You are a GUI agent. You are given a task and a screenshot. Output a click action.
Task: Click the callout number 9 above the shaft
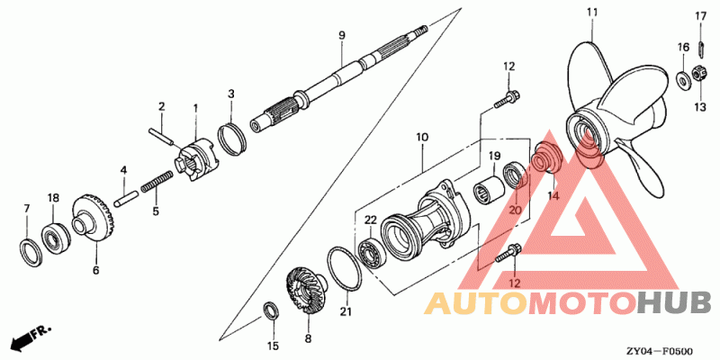click(342, 35)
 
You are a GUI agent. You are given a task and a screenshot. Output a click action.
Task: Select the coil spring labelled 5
click(157, 182)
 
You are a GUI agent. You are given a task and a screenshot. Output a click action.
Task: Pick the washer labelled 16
click(683, 79)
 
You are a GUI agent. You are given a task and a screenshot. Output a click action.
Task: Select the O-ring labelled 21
click(345, 268)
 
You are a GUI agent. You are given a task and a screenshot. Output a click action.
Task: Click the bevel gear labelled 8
click(303, 292)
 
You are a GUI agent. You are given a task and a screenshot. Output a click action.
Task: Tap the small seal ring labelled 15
click(270, 311)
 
